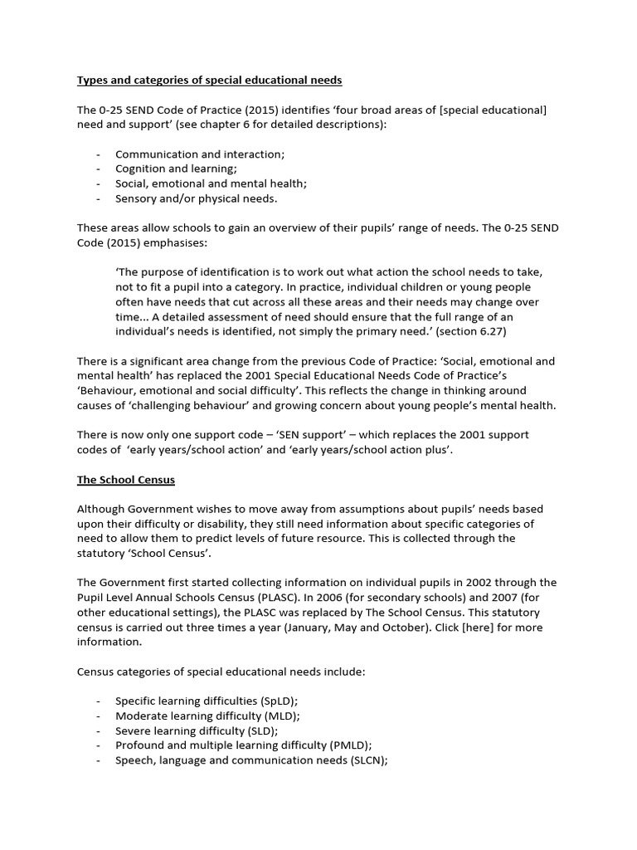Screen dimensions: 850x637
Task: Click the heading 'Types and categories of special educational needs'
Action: coord(209,81)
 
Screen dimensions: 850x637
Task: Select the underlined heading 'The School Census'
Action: coord(126,481)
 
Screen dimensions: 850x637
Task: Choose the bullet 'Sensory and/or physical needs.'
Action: coord(197,199)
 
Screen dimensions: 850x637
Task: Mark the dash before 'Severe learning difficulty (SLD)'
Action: coord(100,731)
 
